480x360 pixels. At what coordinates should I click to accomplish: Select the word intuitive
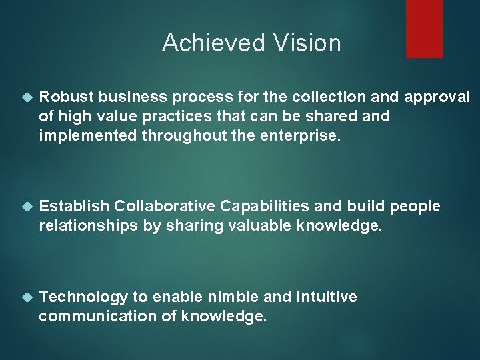[x=327, y=297]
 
